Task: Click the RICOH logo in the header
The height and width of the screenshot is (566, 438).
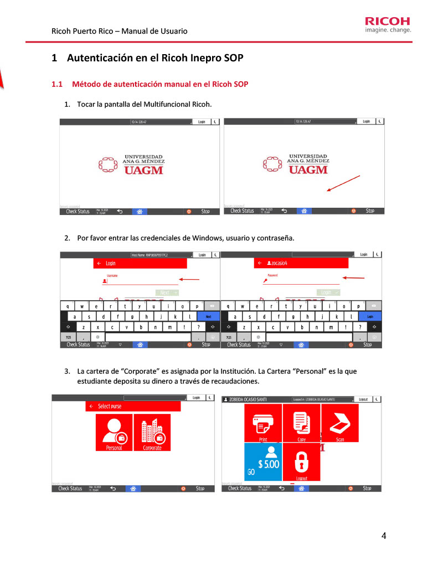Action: [x=388, y=22]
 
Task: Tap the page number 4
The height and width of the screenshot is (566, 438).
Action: [x=384, y=536]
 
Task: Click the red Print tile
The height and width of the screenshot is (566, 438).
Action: [x=263, y=423]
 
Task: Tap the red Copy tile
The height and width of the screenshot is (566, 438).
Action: [x=301, y=423]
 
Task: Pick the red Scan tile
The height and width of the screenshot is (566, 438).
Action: [x=339, y=423]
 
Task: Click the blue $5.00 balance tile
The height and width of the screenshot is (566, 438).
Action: [x=263, y=462]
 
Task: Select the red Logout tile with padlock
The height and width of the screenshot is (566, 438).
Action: [x=301, y=462]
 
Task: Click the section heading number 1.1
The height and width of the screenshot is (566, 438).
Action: [x=57, y=85]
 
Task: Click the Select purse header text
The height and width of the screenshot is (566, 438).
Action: [x=110, y=406]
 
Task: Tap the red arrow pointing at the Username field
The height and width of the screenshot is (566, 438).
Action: [x=189, y=280]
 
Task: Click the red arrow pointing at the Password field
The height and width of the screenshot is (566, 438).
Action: [x=353, y=277]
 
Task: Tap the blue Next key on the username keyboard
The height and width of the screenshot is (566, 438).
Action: [x=208, y=317]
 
